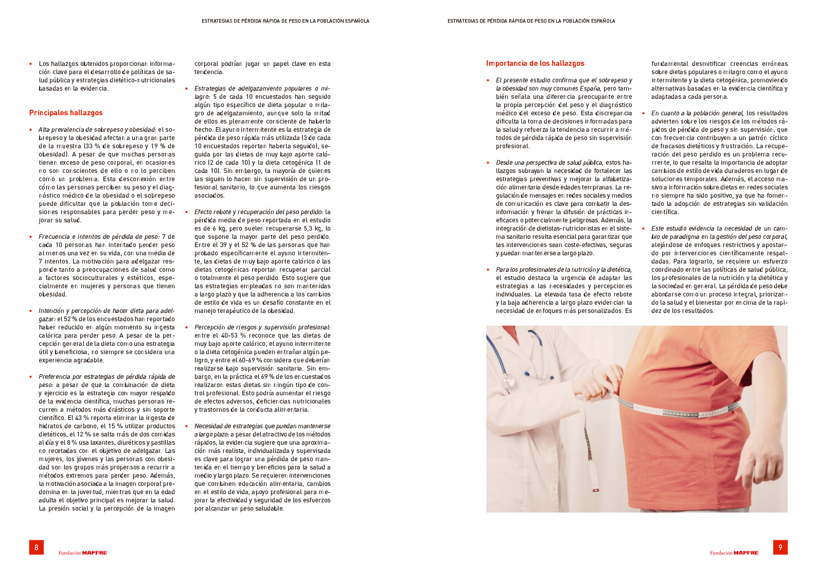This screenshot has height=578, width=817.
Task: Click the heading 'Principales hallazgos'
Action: (66, 113)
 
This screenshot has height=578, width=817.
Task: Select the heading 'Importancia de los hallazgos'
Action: (535, 63)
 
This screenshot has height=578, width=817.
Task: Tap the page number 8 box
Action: (37, 547)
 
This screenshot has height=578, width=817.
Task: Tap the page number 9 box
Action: (780, 547)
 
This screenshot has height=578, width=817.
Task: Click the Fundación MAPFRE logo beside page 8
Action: (82, 553)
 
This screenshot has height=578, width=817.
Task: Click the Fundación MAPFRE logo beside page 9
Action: (734, 553)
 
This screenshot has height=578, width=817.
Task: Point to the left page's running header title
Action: (285, 21)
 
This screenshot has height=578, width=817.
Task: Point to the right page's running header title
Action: (531, 21)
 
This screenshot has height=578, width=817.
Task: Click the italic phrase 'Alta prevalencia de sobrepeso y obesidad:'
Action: (97, 130)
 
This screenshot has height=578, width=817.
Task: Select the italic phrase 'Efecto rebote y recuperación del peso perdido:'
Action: (259, 212)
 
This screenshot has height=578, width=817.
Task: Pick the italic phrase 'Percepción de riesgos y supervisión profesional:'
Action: (262, 327)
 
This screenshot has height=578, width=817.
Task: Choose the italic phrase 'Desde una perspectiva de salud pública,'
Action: (549, 163)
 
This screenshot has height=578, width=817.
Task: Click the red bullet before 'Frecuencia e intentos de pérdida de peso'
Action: (31, 237)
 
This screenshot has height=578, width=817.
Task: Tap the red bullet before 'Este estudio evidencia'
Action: (643, 229)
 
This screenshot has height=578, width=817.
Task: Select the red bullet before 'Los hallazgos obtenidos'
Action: (31, 64)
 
